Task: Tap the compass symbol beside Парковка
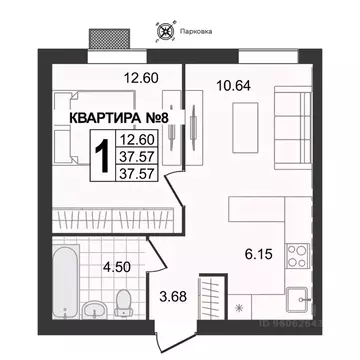tap(166, 30)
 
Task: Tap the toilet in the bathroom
tap(123, 301)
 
